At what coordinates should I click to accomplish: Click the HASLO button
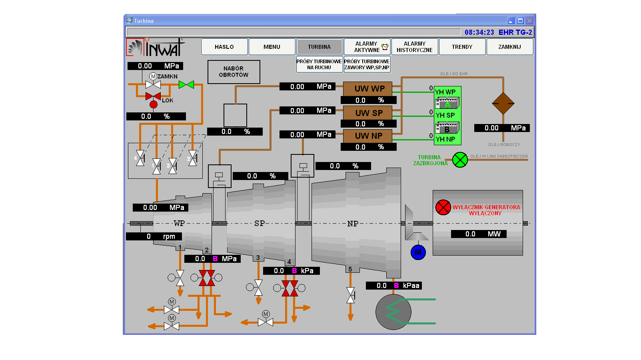coord(224,47)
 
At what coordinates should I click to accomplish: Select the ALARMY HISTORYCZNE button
coord(414,47)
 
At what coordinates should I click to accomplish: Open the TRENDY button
coord(462,47)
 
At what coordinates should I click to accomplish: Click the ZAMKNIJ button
coord(509,47)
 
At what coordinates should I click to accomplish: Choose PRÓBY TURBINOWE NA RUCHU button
coord(319,64)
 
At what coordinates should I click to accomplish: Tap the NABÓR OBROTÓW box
coord(234,72)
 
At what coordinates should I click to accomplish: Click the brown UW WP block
coord(367,89)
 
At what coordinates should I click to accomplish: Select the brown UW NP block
coord(367,136)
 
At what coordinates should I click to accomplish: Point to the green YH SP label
coord(445,115)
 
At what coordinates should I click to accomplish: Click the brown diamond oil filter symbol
coord(503,103)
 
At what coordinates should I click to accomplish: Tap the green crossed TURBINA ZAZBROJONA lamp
coord(460,160)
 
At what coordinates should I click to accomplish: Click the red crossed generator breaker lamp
coord(443,207)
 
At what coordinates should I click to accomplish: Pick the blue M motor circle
coord(418,252)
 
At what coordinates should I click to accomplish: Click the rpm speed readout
coord(154,236)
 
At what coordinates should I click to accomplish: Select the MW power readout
coord(479,234)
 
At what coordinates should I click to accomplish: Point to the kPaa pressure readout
coord(394,286)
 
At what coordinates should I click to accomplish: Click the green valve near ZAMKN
coord(186,84)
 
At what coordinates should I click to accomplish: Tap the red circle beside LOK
coord(154,104)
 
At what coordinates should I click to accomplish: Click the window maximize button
coord(520,21)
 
